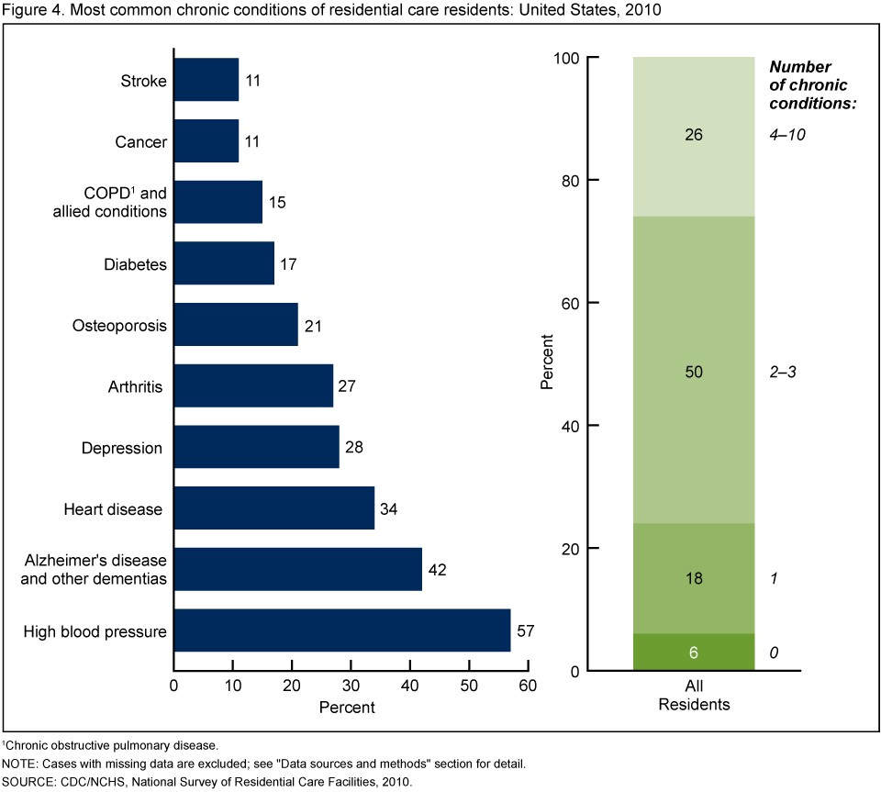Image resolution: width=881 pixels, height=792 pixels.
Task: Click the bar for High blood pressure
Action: (341, 630)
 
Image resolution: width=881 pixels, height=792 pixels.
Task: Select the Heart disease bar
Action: (273, 508)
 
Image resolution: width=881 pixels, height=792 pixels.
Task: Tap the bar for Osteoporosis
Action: (236, 325)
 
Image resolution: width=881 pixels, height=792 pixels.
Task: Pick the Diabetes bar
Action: (224, 264)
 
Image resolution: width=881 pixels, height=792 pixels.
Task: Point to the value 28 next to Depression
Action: (353, 448)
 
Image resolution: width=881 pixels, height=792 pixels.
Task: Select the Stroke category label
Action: (144, 81)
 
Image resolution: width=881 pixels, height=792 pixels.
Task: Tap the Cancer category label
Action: (141, 142)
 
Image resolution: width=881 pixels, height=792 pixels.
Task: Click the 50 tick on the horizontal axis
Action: (469, 687)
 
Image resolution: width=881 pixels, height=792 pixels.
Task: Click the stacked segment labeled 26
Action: (694, 135)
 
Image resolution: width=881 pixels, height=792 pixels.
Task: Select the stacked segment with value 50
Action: (694, 371)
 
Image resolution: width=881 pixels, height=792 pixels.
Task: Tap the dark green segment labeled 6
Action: (694, 653)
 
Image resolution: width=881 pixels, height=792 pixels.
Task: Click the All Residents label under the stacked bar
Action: (694, 697)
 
